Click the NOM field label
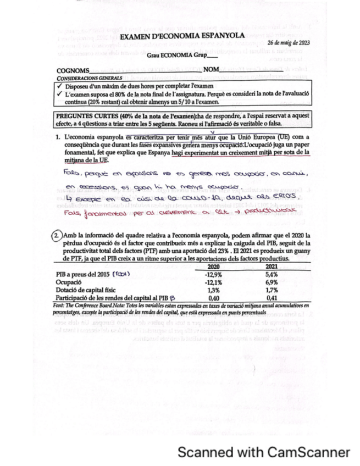coord(211,70)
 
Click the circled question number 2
coord(58,236)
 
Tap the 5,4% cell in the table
coord(272,273)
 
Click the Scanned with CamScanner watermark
coord(263,452)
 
